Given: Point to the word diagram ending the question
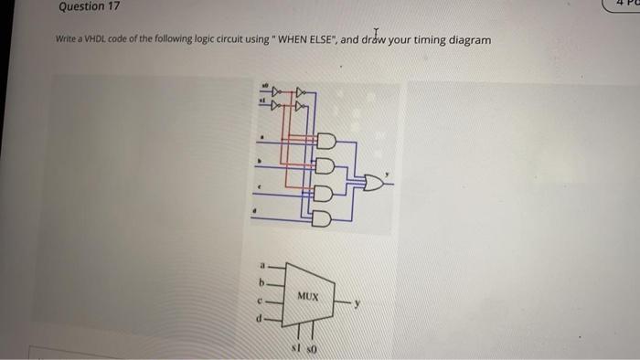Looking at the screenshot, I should [468, 41].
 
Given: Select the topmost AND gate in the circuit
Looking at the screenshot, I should [325, 142].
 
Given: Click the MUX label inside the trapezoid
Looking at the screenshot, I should [307, 297].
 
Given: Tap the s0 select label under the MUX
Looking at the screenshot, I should [310, 348].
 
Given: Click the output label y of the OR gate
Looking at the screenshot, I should [386, 173].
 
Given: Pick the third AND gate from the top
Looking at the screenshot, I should [325, 193].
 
